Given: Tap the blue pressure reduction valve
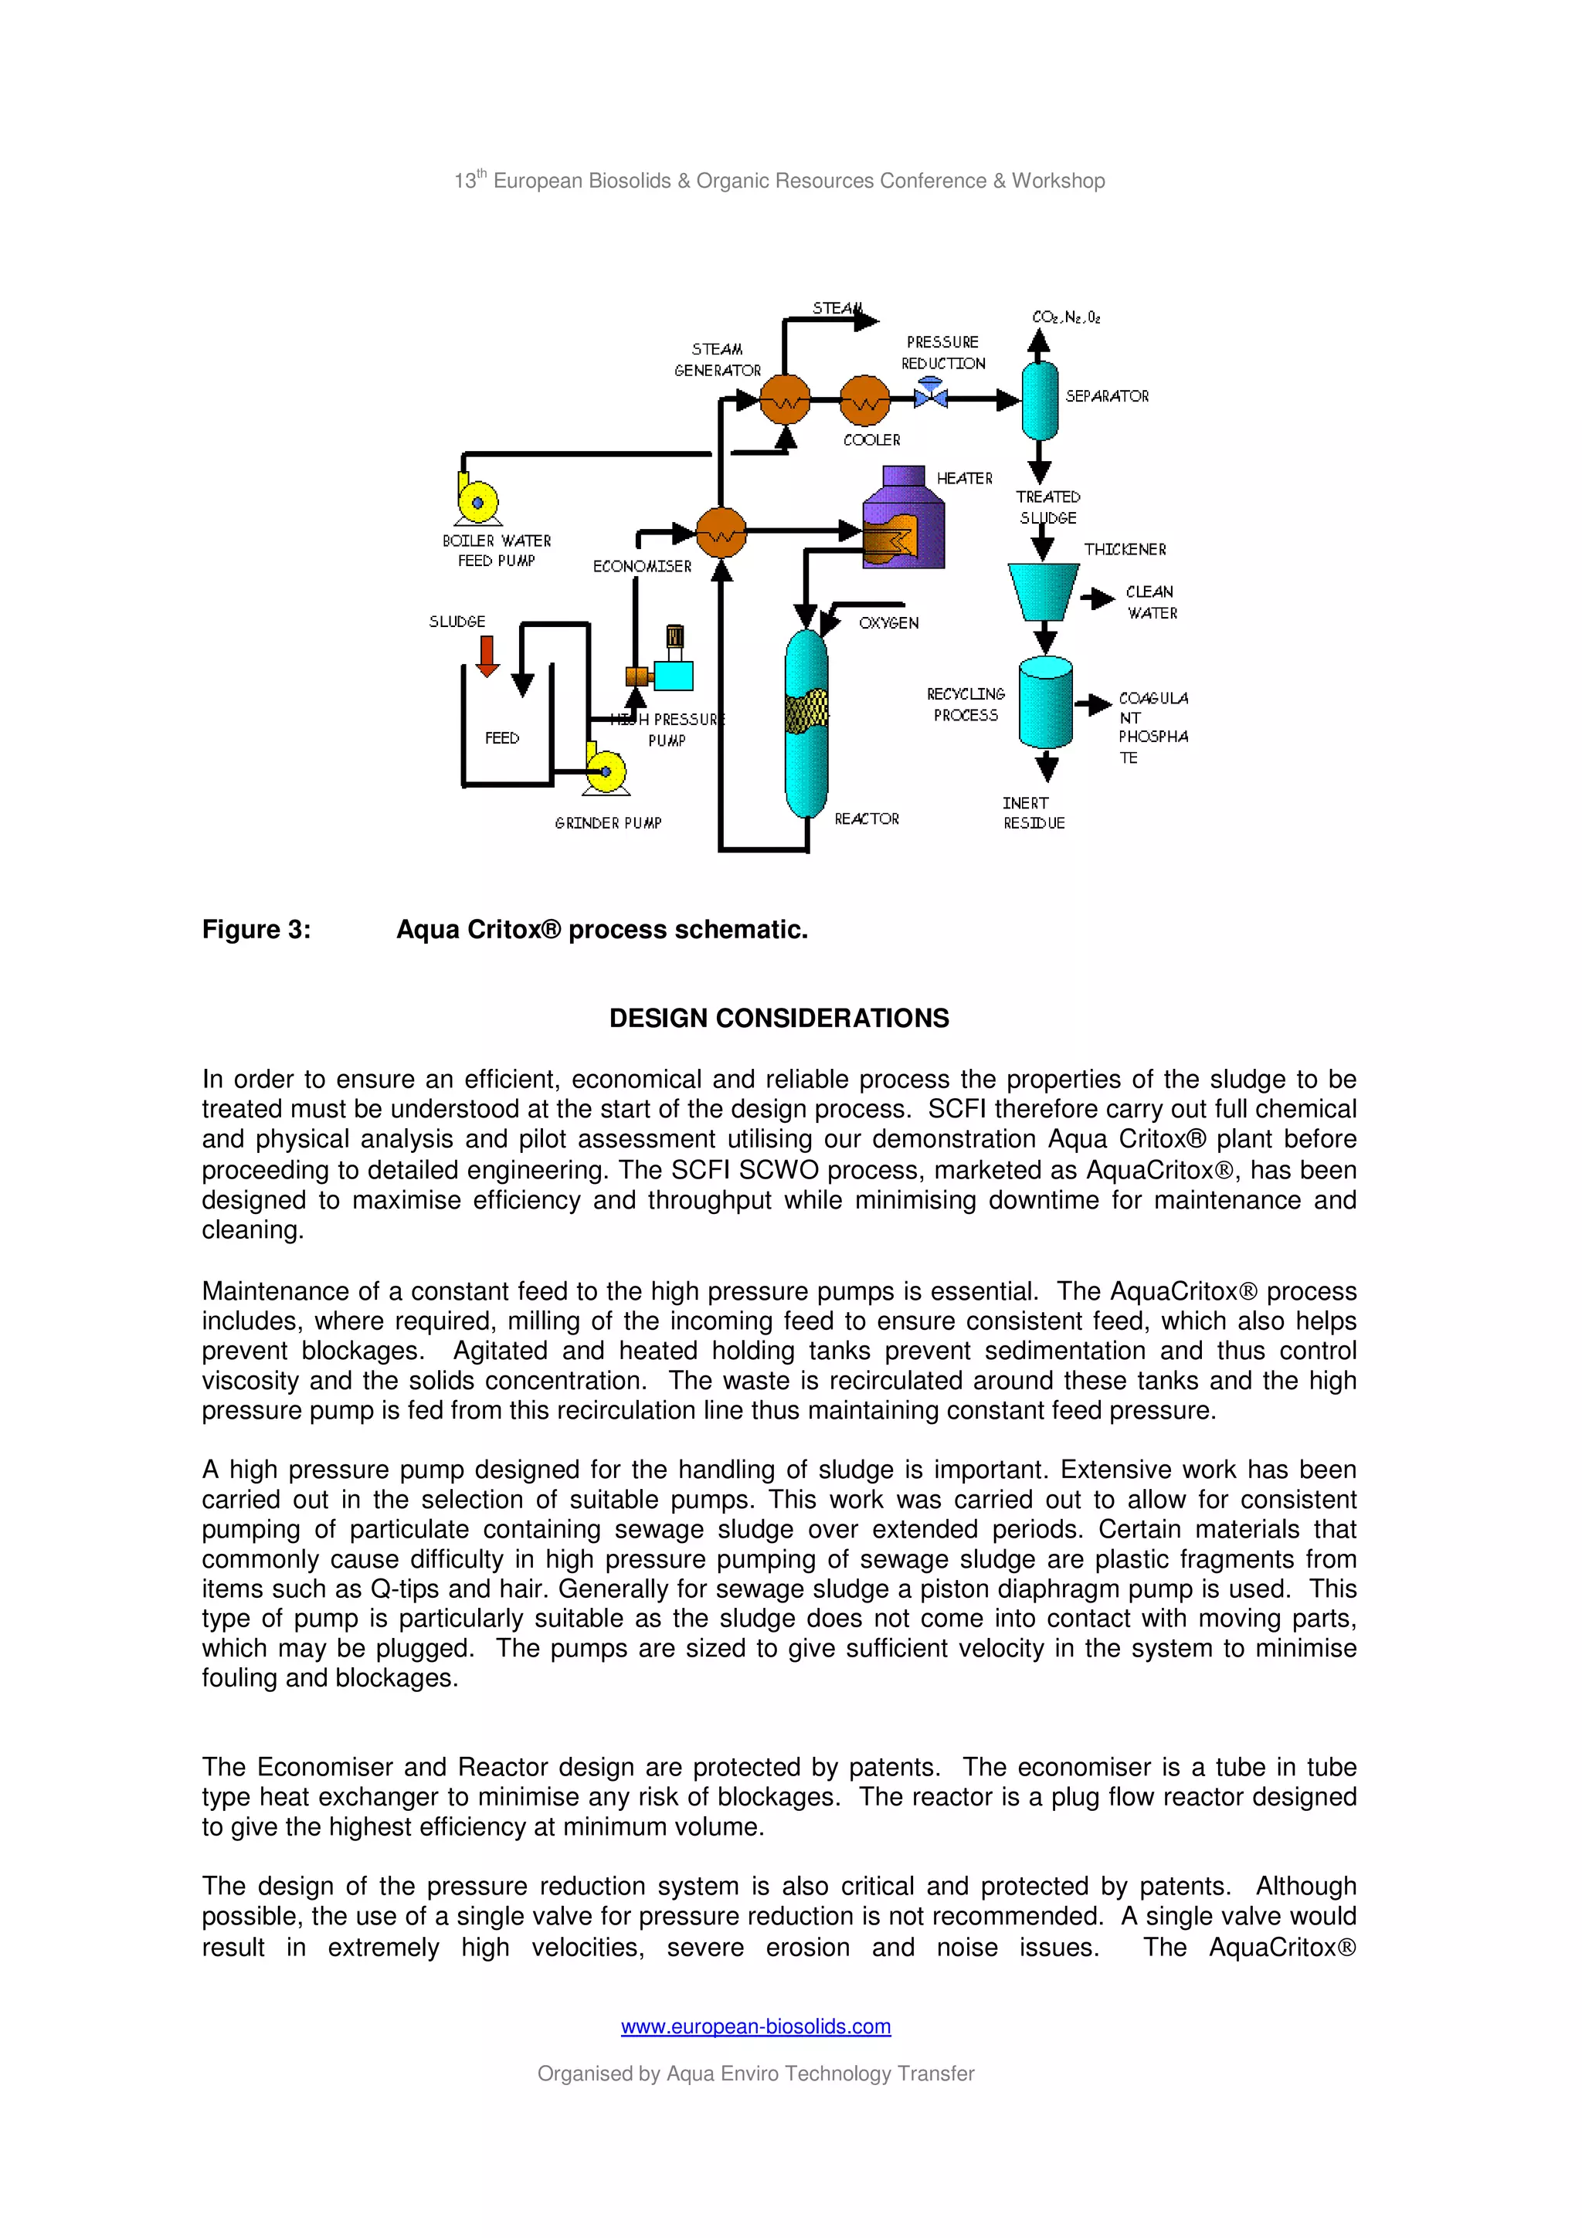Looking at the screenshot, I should pos(931,395).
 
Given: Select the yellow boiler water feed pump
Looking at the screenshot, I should pos(477,501).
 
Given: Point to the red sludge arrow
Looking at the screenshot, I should pos(487,656).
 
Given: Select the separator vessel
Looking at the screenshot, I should pos(1039,400).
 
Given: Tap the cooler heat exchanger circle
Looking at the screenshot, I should pos(864,400).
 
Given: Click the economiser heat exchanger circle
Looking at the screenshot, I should pos(721,532).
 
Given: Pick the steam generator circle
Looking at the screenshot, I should pos(785,400).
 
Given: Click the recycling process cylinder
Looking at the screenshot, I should pos(1045,702).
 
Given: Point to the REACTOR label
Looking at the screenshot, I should pos(867,819).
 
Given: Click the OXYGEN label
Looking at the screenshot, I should pos(888,623).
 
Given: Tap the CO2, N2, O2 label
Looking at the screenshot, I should pos(1065,317).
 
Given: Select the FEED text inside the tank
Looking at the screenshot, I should pos(502,738).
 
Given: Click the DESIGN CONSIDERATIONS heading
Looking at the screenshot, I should pos(779,1019).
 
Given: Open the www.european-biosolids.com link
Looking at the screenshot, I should pos(755,2026).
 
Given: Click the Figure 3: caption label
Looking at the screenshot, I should pos(256,930).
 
